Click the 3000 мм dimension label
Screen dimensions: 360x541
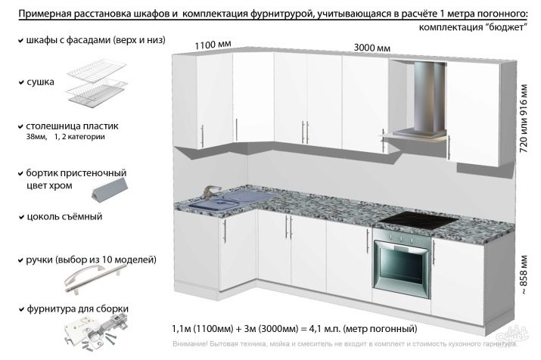[372, 48]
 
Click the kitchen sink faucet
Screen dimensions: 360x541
[212, 191]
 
